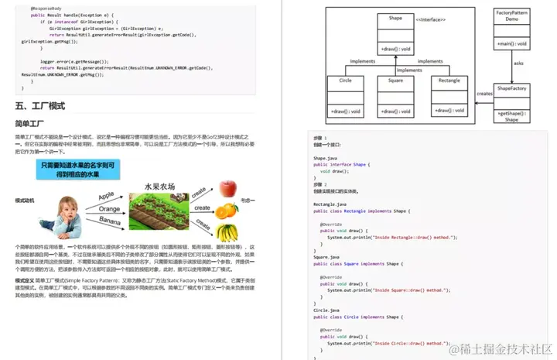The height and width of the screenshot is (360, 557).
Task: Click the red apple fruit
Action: tap(227, 188)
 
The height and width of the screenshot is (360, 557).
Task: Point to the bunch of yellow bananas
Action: tap(227, 231)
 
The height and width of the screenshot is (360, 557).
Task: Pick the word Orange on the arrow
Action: tap(109, 208)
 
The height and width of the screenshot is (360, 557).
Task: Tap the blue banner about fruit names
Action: tap(79, 170)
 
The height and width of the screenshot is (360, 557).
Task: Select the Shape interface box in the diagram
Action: tap(395, 33)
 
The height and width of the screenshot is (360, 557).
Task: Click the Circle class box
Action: tap(345, 97)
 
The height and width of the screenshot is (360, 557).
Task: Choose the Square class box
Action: tap(395, 97)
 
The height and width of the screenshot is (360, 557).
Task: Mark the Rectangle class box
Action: tap(448, 97)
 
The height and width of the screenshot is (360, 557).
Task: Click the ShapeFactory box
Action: tap(511, 103)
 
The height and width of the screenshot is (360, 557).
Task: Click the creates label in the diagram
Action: tap(484, 94)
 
